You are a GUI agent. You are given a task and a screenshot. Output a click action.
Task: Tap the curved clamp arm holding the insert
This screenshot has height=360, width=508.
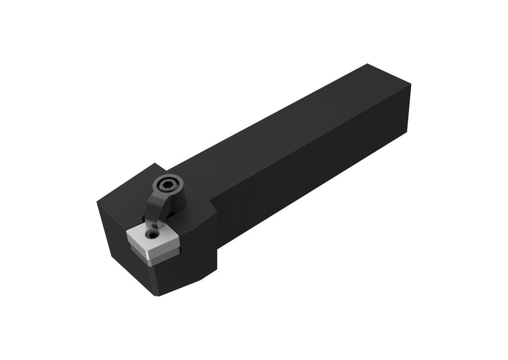(x=154, y=208)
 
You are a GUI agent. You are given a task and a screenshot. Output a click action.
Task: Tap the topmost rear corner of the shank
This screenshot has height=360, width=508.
(x=367, y=64)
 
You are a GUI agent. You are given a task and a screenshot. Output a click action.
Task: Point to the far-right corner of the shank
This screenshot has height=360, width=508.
(x=411, y=85)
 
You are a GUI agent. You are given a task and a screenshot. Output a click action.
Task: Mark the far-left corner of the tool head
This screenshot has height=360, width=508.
(x=97, y=200)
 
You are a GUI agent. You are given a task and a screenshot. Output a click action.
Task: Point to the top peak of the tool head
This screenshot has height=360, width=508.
(x=156, y=163)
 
